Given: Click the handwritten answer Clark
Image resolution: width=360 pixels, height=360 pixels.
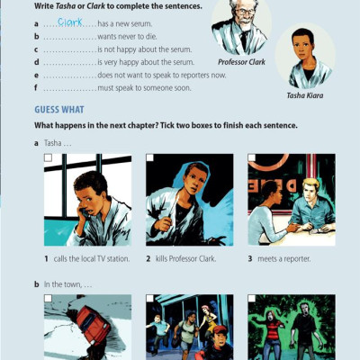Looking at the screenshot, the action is (x=70, y=22).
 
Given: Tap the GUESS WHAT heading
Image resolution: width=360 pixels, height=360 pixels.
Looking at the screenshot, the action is (x=59, y=110).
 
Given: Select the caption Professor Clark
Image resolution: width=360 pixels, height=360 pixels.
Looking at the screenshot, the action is (x=241, y=62).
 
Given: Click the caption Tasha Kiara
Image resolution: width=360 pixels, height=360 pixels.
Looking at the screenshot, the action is (x=305, y=95).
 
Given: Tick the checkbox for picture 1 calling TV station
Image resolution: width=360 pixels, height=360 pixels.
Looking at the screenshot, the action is (x=48, y=157).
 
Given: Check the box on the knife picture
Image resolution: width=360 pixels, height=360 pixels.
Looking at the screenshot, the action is (x=150, y=157).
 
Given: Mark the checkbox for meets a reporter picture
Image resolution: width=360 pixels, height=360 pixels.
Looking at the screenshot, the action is (x=252, y=157).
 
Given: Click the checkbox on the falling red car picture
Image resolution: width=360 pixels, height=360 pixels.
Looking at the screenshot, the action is (x=48, y=298).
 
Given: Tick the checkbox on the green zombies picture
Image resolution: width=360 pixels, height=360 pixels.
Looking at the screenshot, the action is (x=252, y=298).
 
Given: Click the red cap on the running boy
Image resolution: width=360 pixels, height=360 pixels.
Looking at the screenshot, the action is (x=220, y=330).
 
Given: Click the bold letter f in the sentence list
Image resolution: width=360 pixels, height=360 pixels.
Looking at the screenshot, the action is (x=36, y=88).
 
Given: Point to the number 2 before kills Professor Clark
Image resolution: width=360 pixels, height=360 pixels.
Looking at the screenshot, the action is (x=148, y=258).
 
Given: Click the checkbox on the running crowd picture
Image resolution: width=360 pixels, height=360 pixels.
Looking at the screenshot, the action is (x=150, y=298).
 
